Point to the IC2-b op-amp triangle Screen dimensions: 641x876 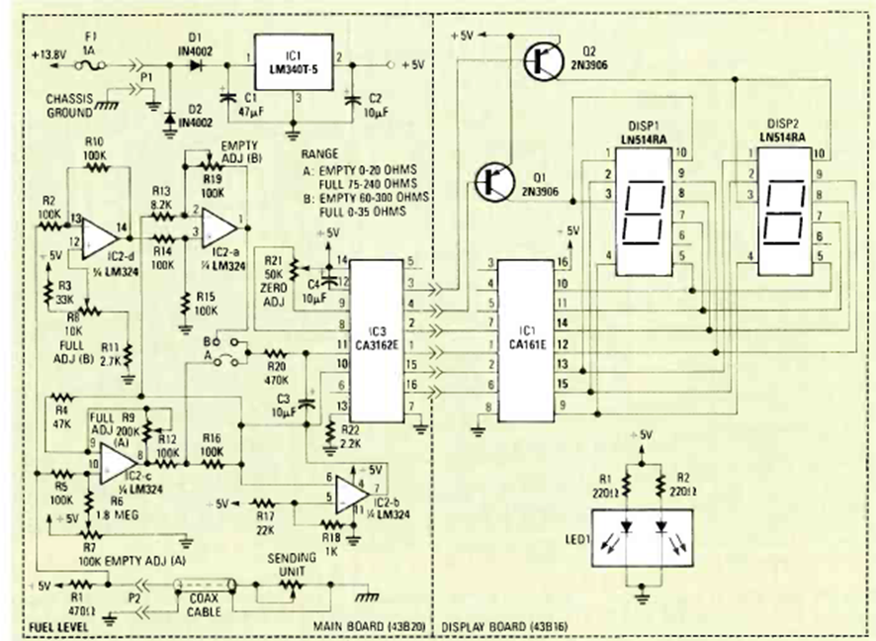(354, 491)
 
